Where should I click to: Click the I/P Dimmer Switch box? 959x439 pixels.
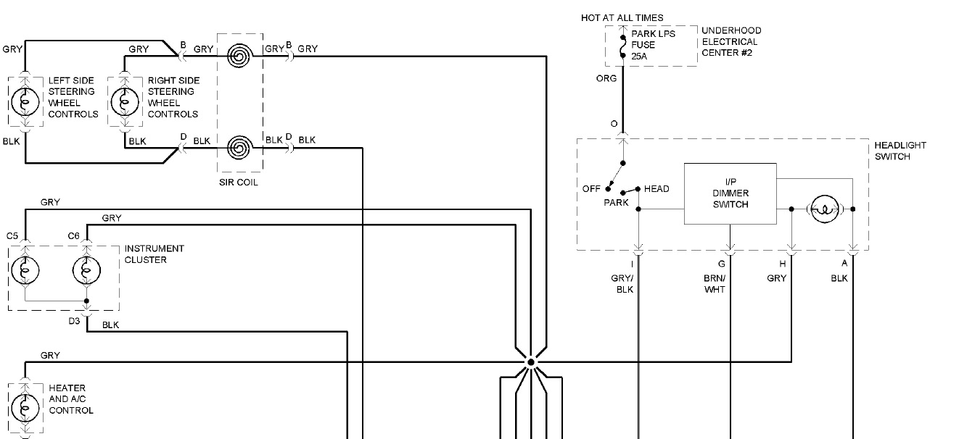(730, 193)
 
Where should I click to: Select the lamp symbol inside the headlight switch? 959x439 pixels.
(822, 209)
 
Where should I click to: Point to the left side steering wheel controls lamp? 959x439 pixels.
(26, 102)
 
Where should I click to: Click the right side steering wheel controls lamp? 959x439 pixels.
(124, 102)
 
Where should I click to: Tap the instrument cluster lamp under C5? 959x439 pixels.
(25, 271)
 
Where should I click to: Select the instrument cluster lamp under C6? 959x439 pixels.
(86, 271)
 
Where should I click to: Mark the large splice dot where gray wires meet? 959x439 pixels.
(530, 361)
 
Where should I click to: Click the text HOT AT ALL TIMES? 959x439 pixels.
(622, 17)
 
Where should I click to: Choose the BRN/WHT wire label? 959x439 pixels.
(715, 284)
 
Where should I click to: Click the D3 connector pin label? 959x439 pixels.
(74, 321)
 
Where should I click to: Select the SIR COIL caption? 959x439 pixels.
(238, 183)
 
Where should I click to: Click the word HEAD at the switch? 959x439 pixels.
(657, 189)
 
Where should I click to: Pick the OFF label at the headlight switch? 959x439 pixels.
(591, 189)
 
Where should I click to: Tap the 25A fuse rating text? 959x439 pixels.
(639, 56)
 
